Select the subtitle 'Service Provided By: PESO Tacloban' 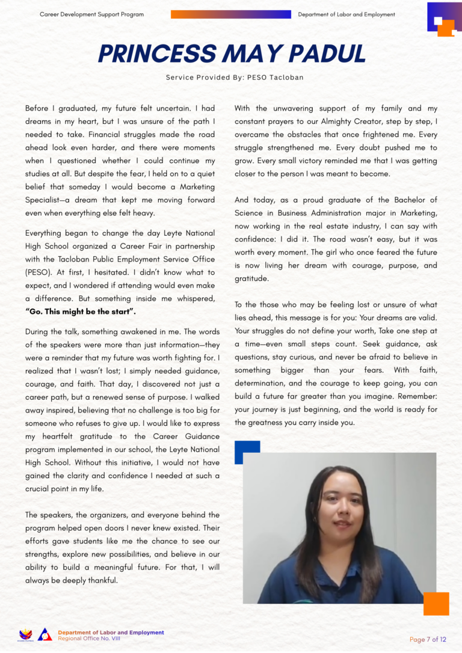(231, 77)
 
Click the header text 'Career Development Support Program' (91, 14)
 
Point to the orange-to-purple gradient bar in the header (231, 14)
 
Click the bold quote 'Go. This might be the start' (81, 311)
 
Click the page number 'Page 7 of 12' (428, 639)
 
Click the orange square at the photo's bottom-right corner (436, 604)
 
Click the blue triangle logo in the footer (45, 634)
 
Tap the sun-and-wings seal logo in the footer (26, 634)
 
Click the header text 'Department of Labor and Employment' (346, 14)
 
